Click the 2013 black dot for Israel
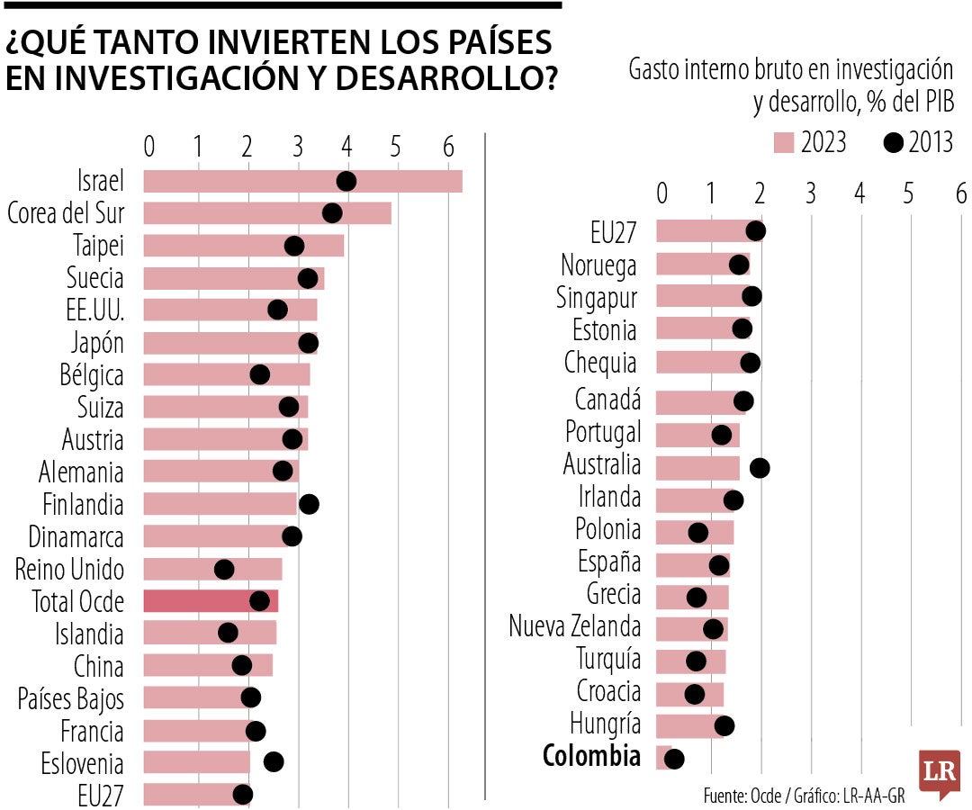(346, 182)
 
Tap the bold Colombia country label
(591, 757)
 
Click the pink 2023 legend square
(784, 143)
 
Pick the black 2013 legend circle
(893, 143)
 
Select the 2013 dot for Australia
(760, 467)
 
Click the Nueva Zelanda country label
(574, 626)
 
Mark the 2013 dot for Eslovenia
(274, 762)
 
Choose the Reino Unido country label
(69, 570)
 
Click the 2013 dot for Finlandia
(309, 504)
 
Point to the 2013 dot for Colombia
(673, 759)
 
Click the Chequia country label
(599, 363)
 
